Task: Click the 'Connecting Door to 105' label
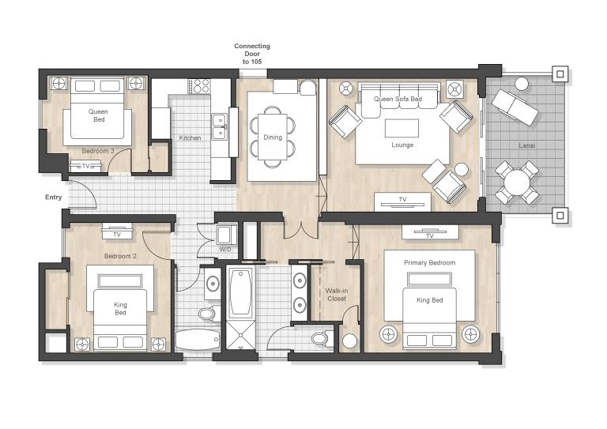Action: click(252, 54)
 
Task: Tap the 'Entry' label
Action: click(54, 198)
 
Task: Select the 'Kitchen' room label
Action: click(190, 137)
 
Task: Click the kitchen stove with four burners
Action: click(199, 86)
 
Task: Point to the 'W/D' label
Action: click(225, 250)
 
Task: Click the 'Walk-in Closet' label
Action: click(337, 295)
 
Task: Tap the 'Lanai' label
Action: click(527, 145)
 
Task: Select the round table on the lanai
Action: click(517, 183)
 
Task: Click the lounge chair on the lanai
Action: click(515, 107)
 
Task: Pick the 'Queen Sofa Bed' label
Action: click(398, 99)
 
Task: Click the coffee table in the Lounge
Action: click(402, 128)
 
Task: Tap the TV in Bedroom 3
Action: click(85, 167)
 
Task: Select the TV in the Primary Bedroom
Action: click(430, 232)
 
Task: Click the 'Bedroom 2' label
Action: click(120, 256)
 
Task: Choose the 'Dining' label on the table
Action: click(273, 137)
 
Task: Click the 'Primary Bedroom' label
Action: click(430, 262)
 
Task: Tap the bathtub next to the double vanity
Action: click(240, 292)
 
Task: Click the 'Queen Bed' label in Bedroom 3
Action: click(98, 115)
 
